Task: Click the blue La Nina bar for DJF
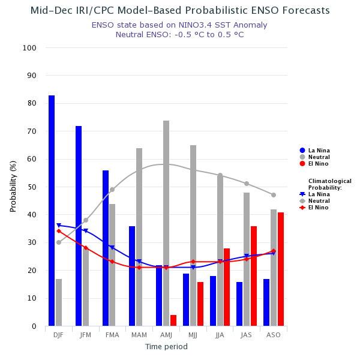pos(52,211)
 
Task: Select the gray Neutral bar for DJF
pos(59,302)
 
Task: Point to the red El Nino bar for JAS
pos(254,276)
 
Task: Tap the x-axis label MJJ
pos(193,334)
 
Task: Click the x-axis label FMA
pos(112,334)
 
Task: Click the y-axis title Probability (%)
pos(13,186)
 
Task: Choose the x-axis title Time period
pos(166,347)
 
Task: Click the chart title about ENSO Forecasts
pos(180,11)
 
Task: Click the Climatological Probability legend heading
pos(329,184)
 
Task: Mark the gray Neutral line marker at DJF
pos(59,242)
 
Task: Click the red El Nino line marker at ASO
pos(273,251)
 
